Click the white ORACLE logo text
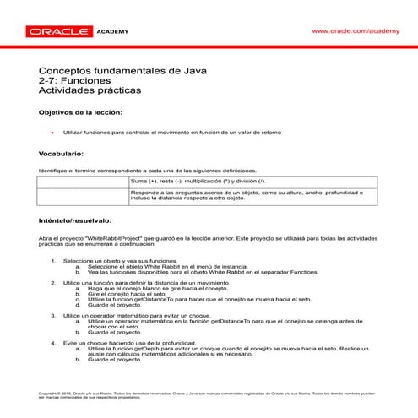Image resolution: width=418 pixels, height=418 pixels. [x=58, y=31]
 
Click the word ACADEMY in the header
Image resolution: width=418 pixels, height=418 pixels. [x=114, y=31]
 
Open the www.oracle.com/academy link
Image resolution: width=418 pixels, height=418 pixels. [x=355, y=30]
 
